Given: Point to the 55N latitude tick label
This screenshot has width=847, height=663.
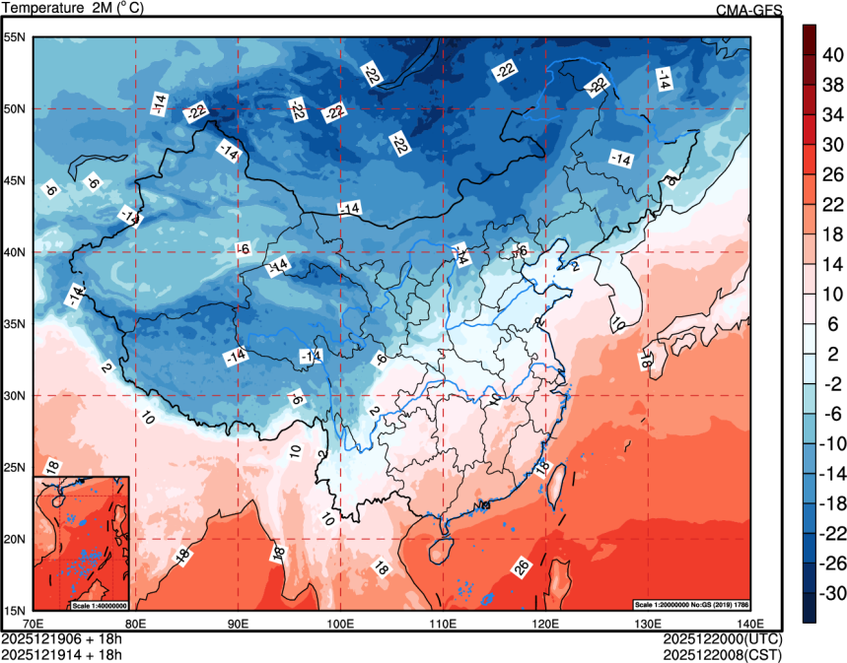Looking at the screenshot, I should [x=16, y=37].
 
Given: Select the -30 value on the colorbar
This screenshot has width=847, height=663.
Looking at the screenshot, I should [x=834, y=594].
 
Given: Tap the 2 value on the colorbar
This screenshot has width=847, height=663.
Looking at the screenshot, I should [x=830, y=355].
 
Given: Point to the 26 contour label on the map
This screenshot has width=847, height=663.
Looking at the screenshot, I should [x=522, y=566].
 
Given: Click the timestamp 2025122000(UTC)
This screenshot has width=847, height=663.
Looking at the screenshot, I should [x=723, y=637].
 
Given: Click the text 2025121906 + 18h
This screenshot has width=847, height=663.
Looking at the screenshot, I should [x=61, y=637].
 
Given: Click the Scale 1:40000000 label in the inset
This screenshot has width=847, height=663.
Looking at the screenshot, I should [x=100, y=605].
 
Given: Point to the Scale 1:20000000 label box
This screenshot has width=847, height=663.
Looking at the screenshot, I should [x=692, y=604].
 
